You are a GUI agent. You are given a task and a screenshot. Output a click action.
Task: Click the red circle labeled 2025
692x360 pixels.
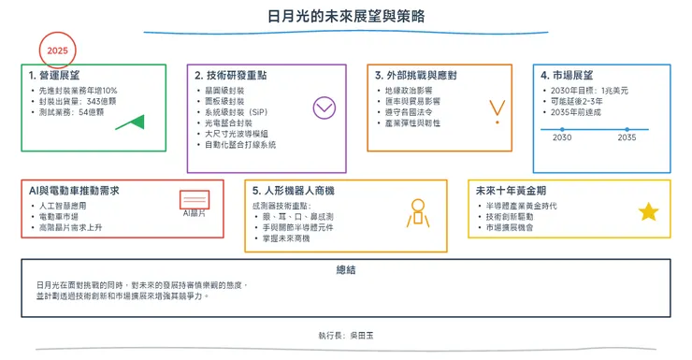click(58, 50)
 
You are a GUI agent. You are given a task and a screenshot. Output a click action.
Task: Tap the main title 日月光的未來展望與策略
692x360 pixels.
click(345, 17)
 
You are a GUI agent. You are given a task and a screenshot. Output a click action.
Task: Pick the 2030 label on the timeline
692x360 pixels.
click(562, 137)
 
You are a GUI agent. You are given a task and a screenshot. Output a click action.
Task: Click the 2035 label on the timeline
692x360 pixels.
click(627, 137)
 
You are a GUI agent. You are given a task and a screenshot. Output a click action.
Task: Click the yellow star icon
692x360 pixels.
click(648, 212)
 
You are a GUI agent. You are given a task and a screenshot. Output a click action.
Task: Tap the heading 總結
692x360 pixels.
click(346, 269)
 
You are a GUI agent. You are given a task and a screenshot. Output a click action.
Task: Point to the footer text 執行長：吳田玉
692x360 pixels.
click(345, 334)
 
